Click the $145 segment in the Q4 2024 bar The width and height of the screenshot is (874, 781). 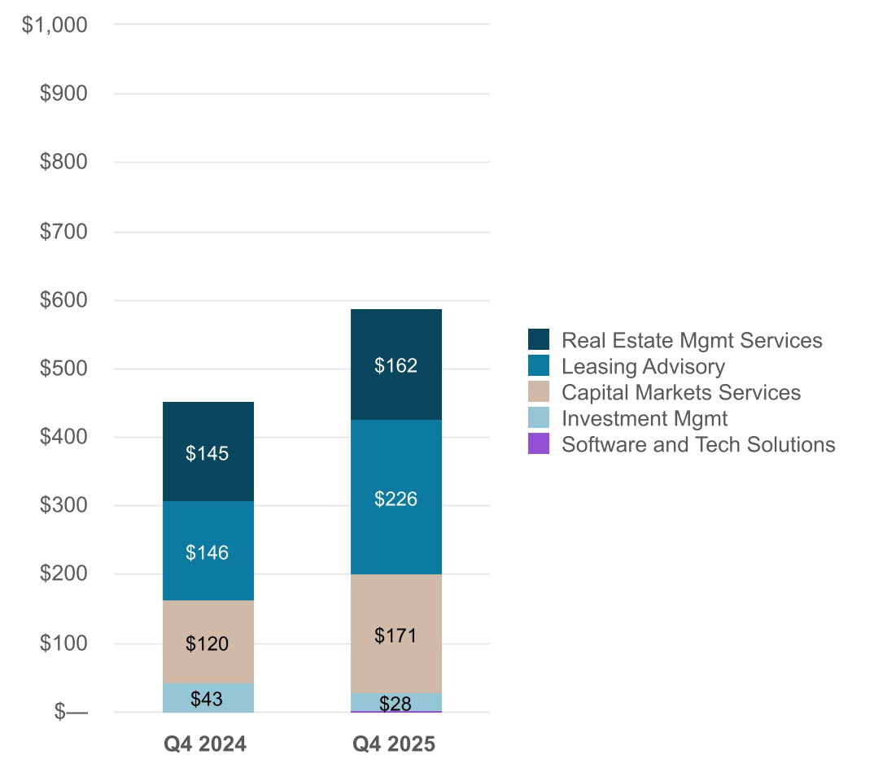point(208,452)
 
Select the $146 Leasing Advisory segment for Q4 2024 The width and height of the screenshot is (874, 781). point(208,551)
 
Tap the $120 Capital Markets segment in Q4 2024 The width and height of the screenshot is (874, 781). point(208,642)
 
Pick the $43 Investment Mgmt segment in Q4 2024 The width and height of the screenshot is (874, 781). point(208,698)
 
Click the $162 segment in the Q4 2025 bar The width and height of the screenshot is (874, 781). point(395,364)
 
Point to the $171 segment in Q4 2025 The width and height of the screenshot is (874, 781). point(395,634)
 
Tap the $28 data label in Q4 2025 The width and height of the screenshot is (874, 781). point(395,704)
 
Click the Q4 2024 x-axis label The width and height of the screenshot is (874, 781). point(207,744)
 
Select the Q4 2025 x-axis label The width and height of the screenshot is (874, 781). point(394,744)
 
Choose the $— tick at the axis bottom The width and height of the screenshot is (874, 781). point(71,712)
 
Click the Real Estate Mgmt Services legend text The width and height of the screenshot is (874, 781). point(692,340)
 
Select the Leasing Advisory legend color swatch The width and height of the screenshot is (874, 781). point(539,366)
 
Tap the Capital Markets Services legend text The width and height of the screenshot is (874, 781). point(681,392)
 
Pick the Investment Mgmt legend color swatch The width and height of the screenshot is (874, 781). point(539,418)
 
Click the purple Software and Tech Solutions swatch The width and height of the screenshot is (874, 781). point(539,444)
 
